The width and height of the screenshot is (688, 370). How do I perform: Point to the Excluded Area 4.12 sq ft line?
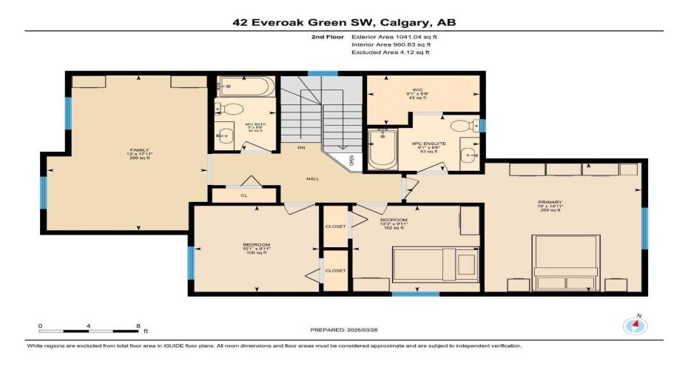391,53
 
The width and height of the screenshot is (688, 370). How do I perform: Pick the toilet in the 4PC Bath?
231,110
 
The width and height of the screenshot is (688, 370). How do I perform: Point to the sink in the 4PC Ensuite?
468,154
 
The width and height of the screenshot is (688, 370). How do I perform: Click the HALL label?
313,178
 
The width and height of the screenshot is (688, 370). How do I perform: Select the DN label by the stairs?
301,148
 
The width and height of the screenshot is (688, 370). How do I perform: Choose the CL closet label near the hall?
243,195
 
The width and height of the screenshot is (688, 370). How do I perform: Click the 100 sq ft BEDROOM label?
256,248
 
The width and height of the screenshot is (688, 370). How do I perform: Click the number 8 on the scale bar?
138,326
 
